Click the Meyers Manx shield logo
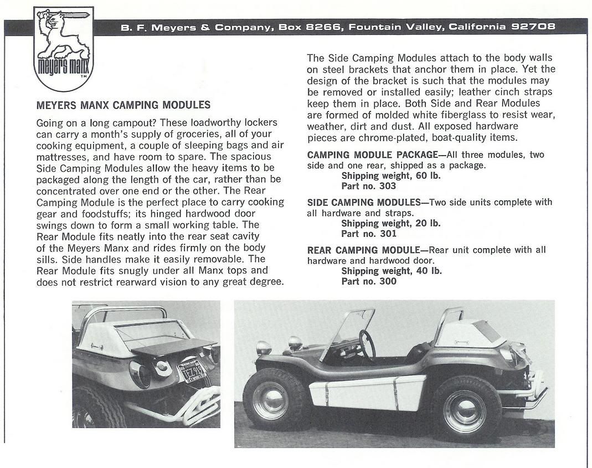[x=64, y=48]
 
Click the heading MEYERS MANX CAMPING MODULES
[x=123, y=105]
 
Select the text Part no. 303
[x=368, y=186]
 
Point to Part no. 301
[x=368, y=234]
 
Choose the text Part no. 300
[x=368, y=281]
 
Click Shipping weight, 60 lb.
[x=391, y=176]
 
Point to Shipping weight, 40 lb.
[x=391, y=271]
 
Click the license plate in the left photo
[x=191, y=371]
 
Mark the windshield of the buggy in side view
[x=349, y=330]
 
